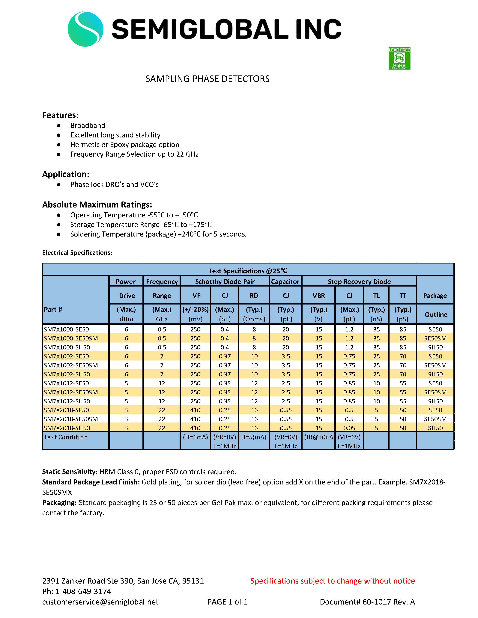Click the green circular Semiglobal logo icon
(x=85, y=29)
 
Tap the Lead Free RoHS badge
(x=399, y=58)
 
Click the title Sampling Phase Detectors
(x=207, y=79)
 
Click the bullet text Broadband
(x=88, y=126)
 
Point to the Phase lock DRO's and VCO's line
(x=114, y=184)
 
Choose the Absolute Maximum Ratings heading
(x=97, y=205)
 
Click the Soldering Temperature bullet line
(x=158, y=234)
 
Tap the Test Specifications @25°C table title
(x=248, y=271)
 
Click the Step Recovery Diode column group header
(x=359, y=281)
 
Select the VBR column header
(x=318, y=296)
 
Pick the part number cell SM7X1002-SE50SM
(x=71, y=365)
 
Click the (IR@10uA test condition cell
(x=318, y=437)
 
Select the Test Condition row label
(x=66, y=437)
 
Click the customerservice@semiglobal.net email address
(x=100, y=602)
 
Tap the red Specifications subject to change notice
(x=333, y=581)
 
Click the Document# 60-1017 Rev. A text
(x=367, y=602)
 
